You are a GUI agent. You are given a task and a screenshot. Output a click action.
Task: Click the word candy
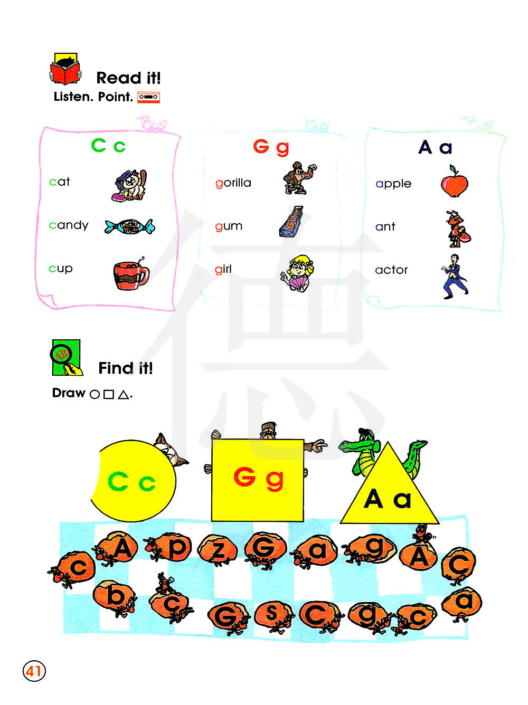tap(69, 225)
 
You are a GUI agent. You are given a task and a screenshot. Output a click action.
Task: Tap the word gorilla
tap(233, 183)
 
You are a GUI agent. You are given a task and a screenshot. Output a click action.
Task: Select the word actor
tap(391, 270)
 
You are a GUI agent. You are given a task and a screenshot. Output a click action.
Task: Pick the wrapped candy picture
tap(130, 226)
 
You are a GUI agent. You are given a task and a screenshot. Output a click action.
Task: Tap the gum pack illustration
tap(291, 222)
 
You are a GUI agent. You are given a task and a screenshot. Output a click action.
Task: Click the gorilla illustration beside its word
tap(298, 177)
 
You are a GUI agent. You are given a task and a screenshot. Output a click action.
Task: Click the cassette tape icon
tap(148, 97)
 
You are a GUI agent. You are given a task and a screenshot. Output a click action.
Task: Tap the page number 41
tap(34, 671)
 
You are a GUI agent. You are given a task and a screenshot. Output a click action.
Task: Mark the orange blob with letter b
tap(113, 596)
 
